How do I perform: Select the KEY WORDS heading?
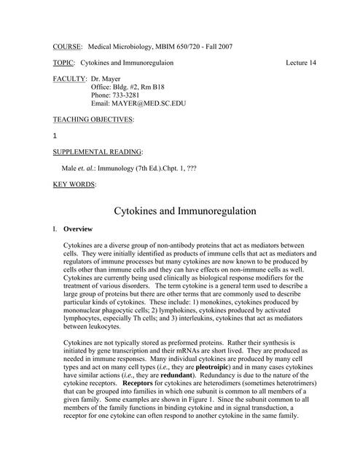[x=74, y=184]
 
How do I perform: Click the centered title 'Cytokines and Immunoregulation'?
[x=184, y=211]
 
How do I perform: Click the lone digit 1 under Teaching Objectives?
[x=55, y=136]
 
